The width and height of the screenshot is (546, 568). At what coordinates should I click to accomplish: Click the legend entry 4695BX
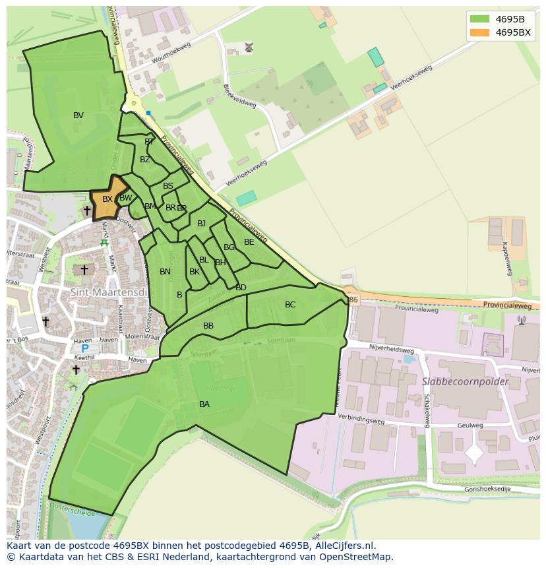point(512,32)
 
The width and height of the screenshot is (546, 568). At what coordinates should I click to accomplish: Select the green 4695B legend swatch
point(479,18)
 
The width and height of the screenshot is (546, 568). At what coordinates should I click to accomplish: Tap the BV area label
point(78,115)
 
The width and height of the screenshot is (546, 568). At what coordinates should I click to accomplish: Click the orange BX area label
point(107,199)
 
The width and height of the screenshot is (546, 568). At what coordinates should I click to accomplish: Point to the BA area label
point(204,404)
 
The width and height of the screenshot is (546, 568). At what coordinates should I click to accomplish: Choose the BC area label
point(290,305)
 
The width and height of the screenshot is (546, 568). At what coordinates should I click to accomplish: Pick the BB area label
point(208,326)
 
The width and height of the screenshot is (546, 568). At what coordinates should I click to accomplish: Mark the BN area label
point(165,272)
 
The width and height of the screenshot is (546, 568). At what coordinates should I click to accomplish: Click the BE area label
point(249,242)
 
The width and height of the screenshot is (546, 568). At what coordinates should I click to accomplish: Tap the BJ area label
point(201,224)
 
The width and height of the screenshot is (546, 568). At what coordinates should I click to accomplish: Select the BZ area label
point(145,160)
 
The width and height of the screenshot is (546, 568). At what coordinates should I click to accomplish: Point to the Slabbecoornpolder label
point(466,381)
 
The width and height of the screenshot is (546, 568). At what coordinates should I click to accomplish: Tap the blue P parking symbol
point(84,348)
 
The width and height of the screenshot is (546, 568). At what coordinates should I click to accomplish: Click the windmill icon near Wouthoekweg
point(249,47)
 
